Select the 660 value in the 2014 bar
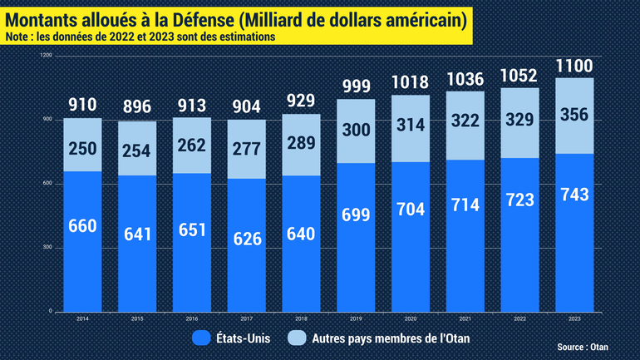tap(83, 226)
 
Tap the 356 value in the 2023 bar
tap(573, 115)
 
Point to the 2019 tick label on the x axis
tap(355, 318)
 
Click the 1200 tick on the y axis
tap(47, 55)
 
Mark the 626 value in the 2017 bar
tap(246, 239)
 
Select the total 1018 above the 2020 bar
tap(410, 82)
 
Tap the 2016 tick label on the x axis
tap(192, 318)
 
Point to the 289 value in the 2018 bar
tap(301, 142)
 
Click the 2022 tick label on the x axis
tap(519, 318)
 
